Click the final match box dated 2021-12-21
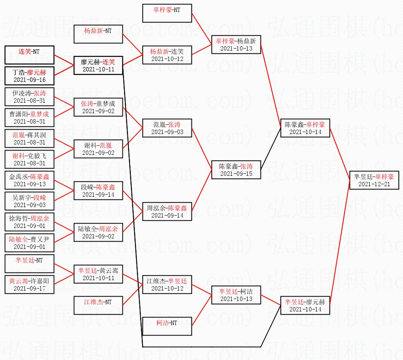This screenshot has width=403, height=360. tap(374, 180)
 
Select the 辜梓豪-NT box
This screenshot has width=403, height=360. tap(167, 13)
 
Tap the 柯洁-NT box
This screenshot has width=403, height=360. tap(167, 326)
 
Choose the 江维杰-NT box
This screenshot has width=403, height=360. tap(98, 305)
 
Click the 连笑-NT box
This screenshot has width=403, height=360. tap(29, 55)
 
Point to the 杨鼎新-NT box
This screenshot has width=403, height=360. tap(98, 34)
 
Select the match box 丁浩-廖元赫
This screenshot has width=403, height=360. tap(29, 76)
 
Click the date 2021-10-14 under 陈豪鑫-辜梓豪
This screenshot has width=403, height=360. tap(305, 132)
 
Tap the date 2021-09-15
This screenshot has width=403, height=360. tap(236, 174)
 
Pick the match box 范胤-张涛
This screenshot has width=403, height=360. tap(167, 128)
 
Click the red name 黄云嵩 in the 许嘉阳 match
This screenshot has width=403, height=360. tap(18, 281)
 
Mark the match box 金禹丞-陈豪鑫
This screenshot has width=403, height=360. tap(29, 180)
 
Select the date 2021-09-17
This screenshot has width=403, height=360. tap(30, 289)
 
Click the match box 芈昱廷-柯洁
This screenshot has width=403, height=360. tap(236, 295)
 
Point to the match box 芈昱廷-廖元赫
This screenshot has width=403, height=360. tap(305, 305)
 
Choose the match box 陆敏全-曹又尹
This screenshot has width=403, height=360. tap(29, 243)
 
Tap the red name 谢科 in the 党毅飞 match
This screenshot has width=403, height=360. tap(18, 156)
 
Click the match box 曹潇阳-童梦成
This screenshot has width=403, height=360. tap(29, 118)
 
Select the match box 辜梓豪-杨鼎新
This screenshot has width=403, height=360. tap(236, 45)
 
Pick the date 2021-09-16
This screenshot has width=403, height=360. tap(30, 80)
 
